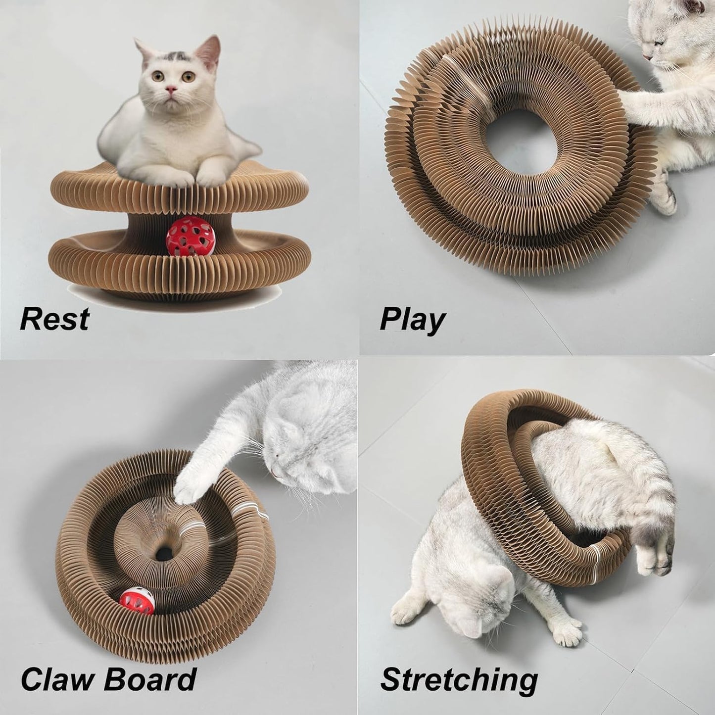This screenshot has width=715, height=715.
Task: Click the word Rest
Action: (x=54, y=319)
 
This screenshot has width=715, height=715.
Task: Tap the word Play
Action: (x=412, y=321)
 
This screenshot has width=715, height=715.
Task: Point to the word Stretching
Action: (x=459, y=680)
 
